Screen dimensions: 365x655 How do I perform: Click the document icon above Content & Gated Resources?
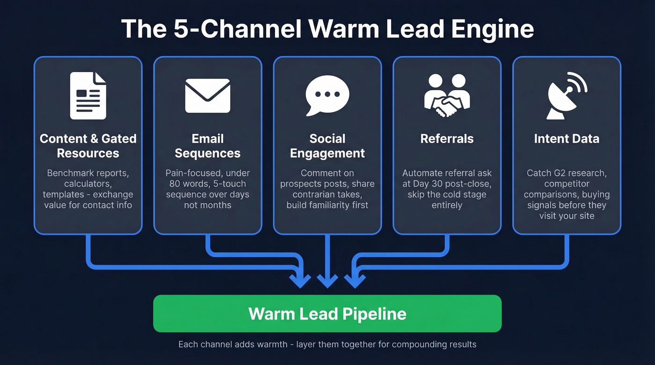click(x=88, y=95)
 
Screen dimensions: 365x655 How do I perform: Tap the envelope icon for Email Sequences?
click(x=207, y=95)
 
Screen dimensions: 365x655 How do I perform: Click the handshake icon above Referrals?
click(x=447, y=95)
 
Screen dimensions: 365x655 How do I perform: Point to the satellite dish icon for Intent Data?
click(x=567, y=95)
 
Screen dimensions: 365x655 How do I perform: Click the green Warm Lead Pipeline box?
click(x=327, y=313)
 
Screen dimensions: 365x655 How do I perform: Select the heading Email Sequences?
click(x=207, y=146)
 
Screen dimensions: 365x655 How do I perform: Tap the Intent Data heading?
click(x=567, y=139)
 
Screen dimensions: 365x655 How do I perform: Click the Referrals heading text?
click(x=447, y=139)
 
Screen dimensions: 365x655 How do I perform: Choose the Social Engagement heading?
click(x=327, y=146)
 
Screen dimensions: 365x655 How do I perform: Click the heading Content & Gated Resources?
click(x=88, y=146)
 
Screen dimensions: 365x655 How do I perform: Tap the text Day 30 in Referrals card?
click(x=422, y=184)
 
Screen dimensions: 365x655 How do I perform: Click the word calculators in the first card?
click(x=88, y=184)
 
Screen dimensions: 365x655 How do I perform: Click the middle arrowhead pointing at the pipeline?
click(x=327, y=280)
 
